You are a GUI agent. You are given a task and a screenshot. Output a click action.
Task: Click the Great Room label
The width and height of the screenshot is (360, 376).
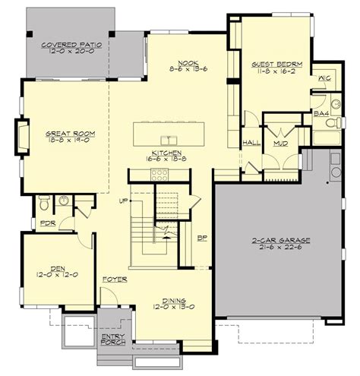[x=71, y=134]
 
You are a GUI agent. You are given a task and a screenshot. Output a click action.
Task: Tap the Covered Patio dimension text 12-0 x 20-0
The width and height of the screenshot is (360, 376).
[x=71, y=51]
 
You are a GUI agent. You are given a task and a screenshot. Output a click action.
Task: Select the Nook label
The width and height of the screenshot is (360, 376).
[x=188, y=63]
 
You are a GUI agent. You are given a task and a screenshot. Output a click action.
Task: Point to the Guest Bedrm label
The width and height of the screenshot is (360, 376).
[x=277, y=65]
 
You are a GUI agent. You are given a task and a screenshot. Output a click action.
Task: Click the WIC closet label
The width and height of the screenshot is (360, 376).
[x=324, y=78]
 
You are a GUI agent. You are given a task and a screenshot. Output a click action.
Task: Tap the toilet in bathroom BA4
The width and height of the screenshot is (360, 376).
[x=333, y=123]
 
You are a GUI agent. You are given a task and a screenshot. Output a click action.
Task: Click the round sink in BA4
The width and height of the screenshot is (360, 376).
[x=336, y=104]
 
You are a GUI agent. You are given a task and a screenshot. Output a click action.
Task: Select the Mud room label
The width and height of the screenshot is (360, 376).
[x=281, y=144]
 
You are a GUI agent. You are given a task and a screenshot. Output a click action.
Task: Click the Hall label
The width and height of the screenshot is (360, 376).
[x=251, y=143]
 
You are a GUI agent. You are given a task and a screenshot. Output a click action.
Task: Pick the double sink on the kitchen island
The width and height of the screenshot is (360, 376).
[x=169, y=140]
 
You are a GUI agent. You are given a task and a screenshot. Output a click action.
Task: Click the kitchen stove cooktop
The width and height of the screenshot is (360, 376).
[x=159, y=175]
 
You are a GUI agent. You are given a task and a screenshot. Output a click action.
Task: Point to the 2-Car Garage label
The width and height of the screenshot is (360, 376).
[x=281, y=240]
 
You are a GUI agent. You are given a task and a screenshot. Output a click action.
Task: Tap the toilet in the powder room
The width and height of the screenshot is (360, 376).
[x=44, y=203]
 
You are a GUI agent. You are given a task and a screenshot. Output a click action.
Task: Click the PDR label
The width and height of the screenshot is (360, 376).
[x=48, y=223]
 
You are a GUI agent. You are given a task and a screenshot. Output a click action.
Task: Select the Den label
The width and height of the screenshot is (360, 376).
[x=58, y=268]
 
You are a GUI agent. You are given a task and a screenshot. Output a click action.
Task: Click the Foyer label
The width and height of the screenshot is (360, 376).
[x=115, y=280]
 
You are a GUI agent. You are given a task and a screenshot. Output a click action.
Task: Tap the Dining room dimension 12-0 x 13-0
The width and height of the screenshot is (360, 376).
[x=174, y=307]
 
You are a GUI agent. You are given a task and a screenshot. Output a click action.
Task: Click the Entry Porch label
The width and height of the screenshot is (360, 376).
[x=113, y=340]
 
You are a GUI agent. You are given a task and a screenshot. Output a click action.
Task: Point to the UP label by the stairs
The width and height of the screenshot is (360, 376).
[x=123, y=201]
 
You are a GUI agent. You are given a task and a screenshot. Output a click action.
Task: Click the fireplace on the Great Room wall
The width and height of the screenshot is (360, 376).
[x=22, y=136]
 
